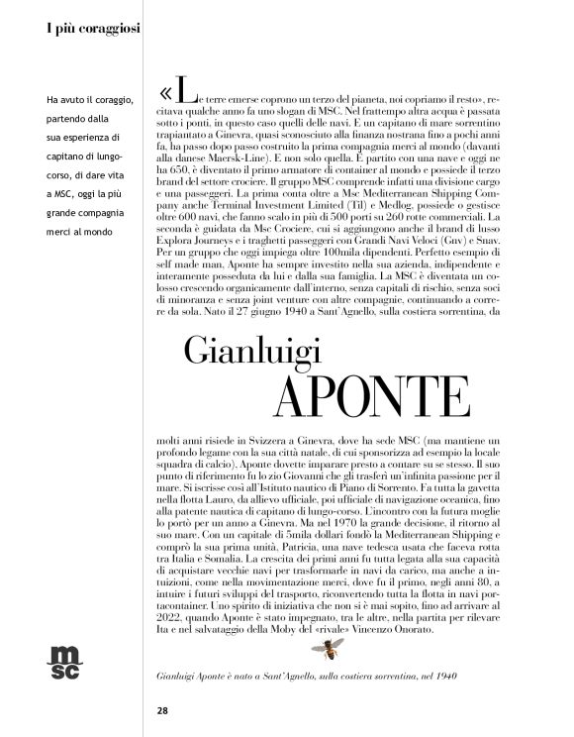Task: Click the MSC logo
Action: point(66,660)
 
